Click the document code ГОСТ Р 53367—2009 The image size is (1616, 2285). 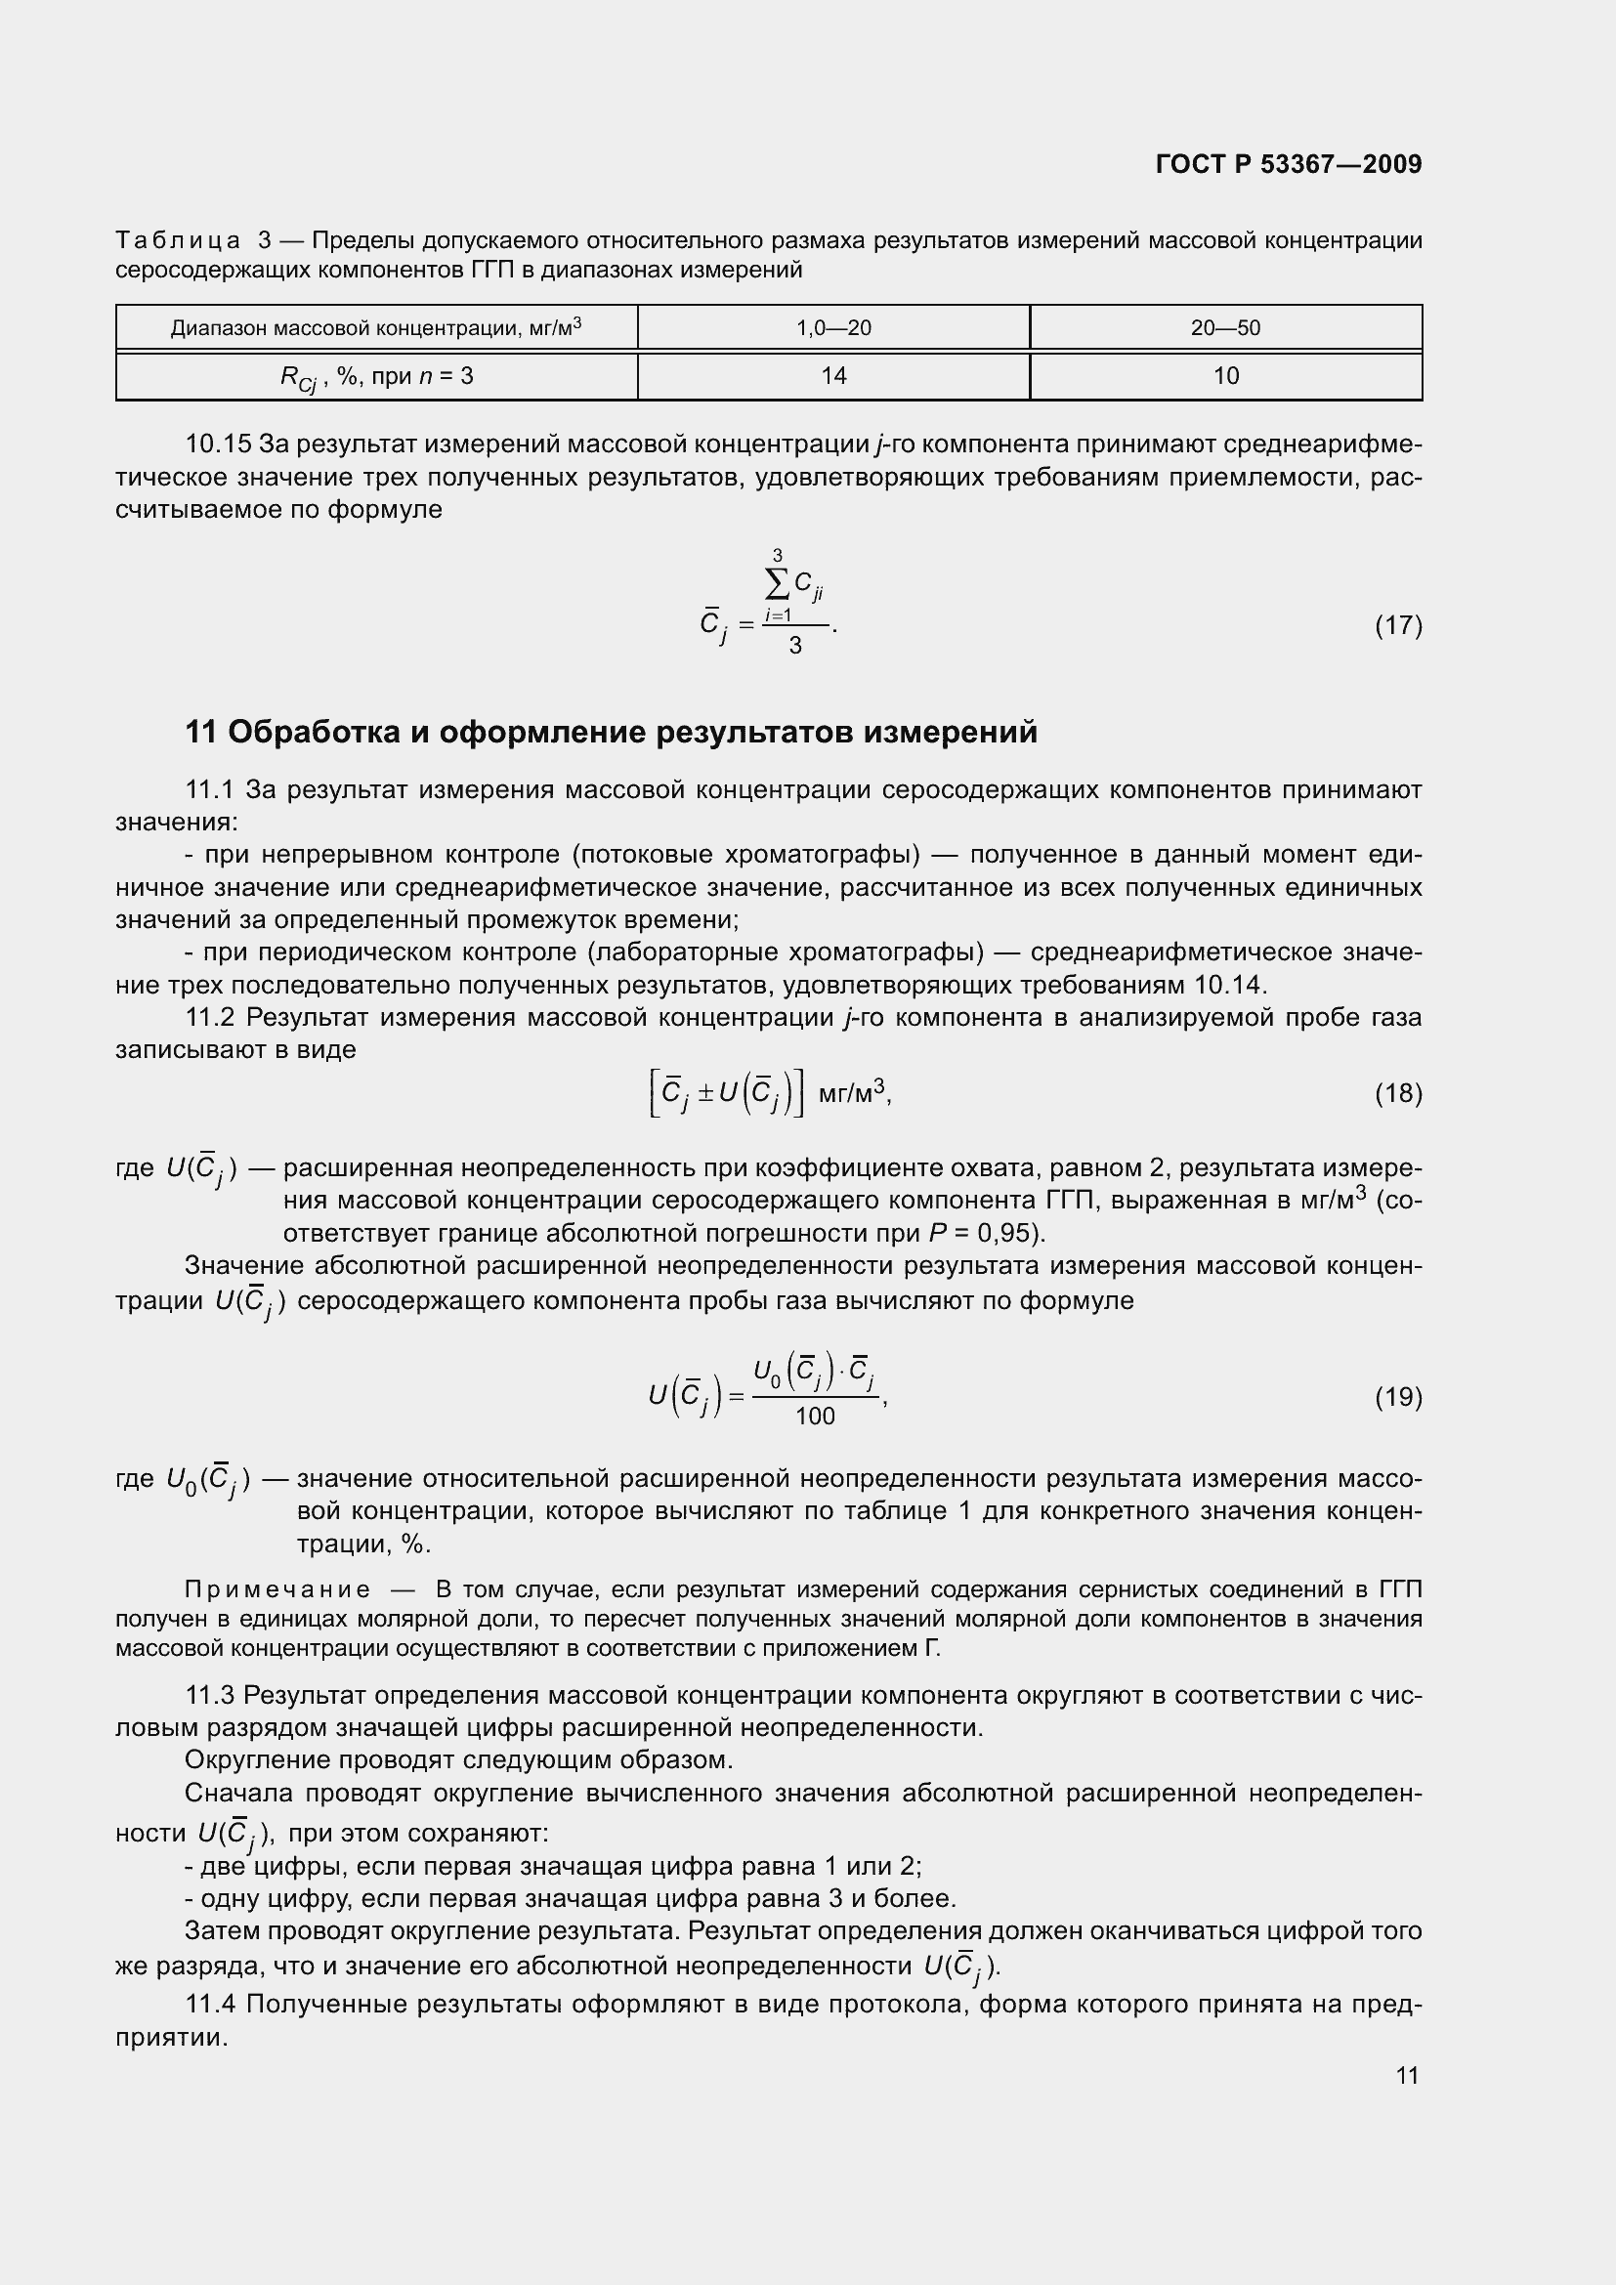click(x=1289, y=164)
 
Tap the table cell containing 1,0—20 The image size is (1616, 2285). click(x=832, y=327)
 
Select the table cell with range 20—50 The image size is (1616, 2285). click(x=1225, y=327)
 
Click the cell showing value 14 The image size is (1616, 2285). click(x=832, y=375)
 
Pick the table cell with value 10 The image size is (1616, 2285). click(x=1225, y=375)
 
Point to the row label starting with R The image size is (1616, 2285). click(x=376, y=377)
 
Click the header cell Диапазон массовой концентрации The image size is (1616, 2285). click(x=376, y=327)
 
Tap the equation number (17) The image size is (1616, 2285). click(x=1398, y=625)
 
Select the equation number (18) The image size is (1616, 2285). click(x=1398, y=1094)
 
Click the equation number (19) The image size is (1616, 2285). click(x=1398, y=1397)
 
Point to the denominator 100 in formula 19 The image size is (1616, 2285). click(x=815, y=1417)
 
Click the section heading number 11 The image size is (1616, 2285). click(x=200, y=733)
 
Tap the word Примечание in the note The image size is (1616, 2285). click(x=277, y=1589)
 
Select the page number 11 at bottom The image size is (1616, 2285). click(x=1406, y=2075)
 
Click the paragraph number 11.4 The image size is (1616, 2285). click(x=210, y=2004)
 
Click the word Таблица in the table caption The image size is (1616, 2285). click(x=177, y=241)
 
